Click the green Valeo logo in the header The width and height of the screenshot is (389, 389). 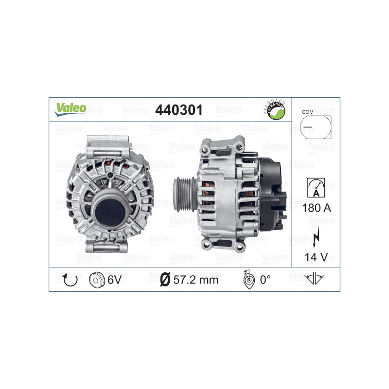click(x=70, y=109)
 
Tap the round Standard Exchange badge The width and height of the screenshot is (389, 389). click(x=275, y=110)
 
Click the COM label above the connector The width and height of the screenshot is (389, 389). click(x=307, y=112)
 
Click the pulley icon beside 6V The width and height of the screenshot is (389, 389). click(x=97, y=280)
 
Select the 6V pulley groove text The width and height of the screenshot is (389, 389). click(x=114, y=280)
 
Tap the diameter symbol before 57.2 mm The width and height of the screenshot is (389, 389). click(x=165, y=280)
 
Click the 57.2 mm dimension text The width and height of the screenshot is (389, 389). click(x=196, y=280)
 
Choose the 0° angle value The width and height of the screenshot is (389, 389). click(x=265, y=280)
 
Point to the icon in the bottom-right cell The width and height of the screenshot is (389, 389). click(x=315, y=279)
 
